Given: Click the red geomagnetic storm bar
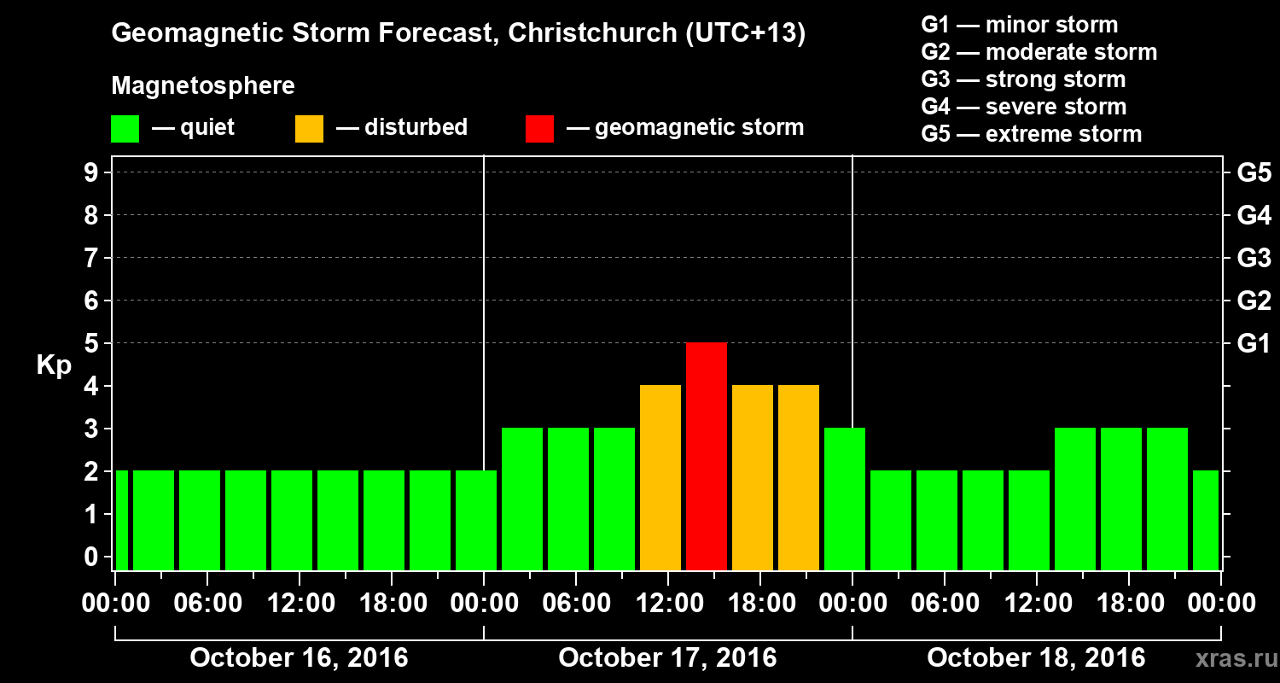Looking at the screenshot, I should coord(707,456).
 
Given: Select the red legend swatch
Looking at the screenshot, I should coord(539,129).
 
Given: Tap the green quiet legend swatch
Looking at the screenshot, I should coord(125,129).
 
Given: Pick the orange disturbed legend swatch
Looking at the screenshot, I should coord(309,129).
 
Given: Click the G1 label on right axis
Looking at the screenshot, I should coord(1254,343).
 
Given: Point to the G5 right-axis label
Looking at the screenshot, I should coord(1254,172).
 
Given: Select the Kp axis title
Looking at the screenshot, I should coord(53,365).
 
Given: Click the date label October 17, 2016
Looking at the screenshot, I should coord(667,658).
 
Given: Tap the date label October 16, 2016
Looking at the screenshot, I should coord(299,658).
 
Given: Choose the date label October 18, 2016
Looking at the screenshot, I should coord(1036,658).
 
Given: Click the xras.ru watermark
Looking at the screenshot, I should coord(1230,659).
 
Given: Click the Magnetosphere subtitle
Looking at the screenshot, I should coord(203,86).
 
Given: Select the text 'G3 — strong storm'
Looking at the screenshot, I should coord(1023,79).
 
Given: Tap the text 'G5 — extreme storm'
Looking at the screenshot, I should coord(1031,134).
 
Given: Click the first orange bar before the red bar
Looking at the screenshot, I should coord(660,477).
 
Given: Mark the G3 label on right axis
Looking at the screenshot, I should coord(1254,258).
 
